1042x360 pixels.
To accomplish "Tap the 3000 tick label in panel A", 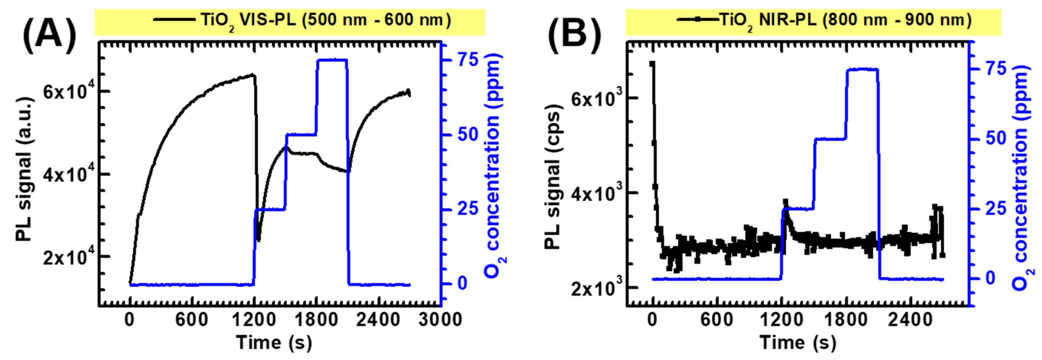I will coord(440,320).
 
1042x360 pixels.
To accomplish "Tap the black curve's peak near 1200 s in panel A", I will coord(253,75).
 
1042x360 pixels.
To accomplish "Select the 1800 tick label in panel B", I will coord(846,320).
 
